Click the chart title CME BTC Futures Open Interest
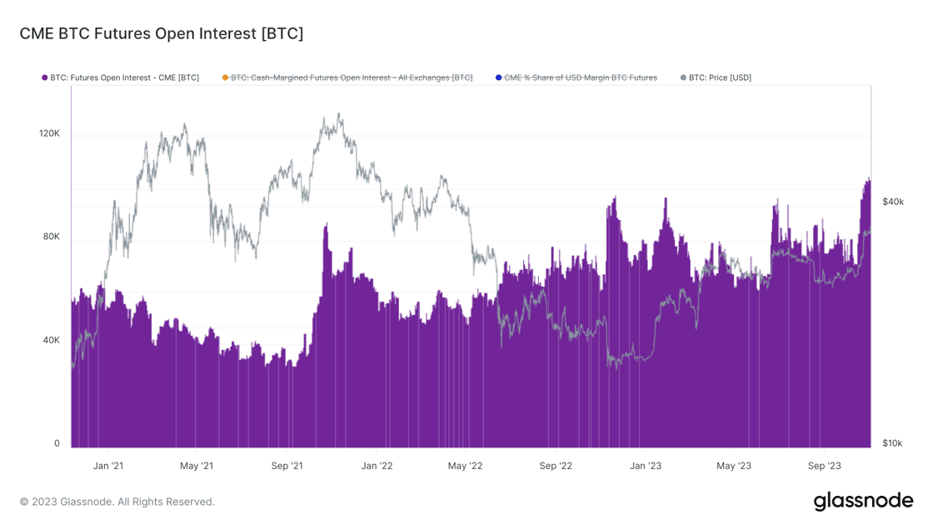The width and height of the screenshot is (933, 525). (x=162, y=34)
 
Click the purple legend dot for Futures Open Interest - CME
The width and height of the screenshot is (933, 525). (x=45, y=77)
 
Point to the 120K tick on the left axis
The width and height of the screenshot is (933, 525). (x=50, y=133)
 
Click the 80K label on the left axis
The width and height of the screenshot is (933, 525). (x=52, y=237)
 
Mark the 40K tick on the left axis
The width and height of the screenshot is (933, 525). (x=52, y=340)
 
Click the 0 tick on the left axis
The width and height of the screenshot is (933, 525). (x=57, y=443)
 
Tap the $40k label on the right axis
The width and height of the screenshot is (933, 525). (x=893, y=202)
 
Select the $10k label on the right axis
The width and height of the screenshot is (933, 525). (x=892, y=443)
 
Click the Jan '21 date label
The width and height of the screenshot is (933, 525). (x=107, y=466)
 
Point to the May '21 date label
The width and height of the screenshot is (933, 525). (x=197, y=466)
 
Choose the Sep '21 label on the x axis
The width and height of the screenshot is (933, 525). (x=287, y=466)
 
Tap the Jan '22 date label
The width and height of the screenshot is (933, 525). (x=377, y=466)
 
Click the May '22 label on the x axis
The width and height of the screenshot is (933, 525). (x=465, y=466)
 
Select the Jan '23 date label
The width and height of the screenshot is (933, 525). (x=645, y=466)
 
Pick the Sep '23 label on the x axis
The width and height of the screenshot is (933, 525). (x=824, y=466)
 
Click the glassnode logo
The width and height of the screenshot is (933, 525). (x=863, y=501)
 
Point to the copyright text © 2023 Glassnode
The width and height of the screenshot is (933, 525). (x=117, y=502)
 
